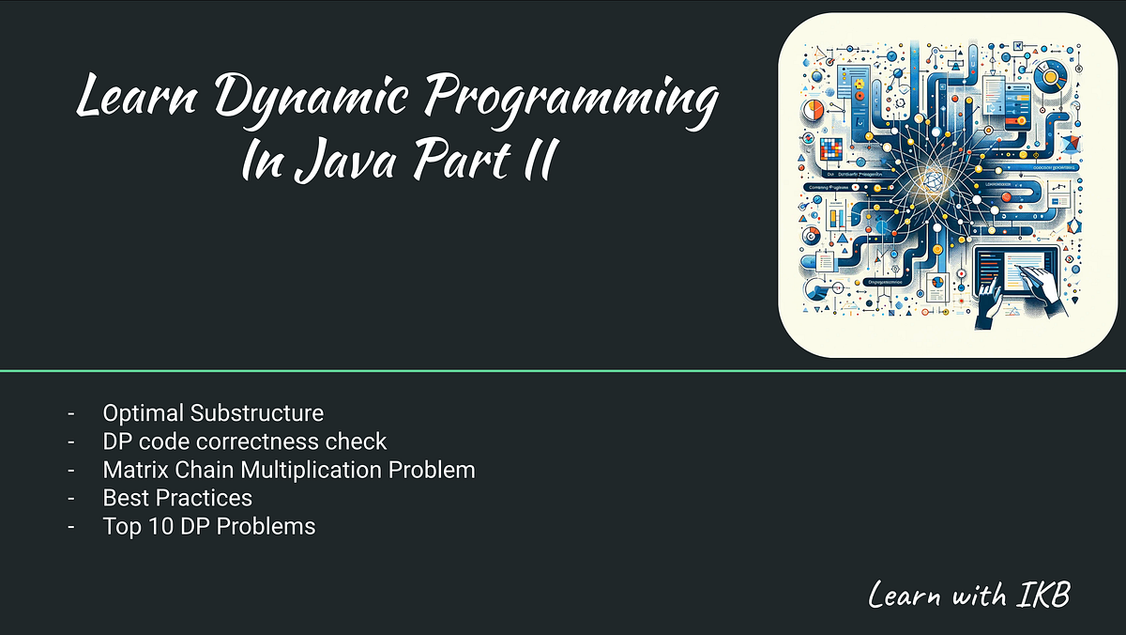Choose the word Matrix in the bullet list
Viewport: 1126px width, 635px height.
click(x=134, y=469)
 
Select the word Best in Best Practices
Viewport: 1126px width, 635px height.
click(x=123, y=497)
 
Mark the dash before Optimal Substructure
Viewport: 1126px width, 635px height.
click(x=71, y=413)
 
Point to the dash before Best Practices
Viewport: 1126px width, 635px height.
click(x=71, y=498)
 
